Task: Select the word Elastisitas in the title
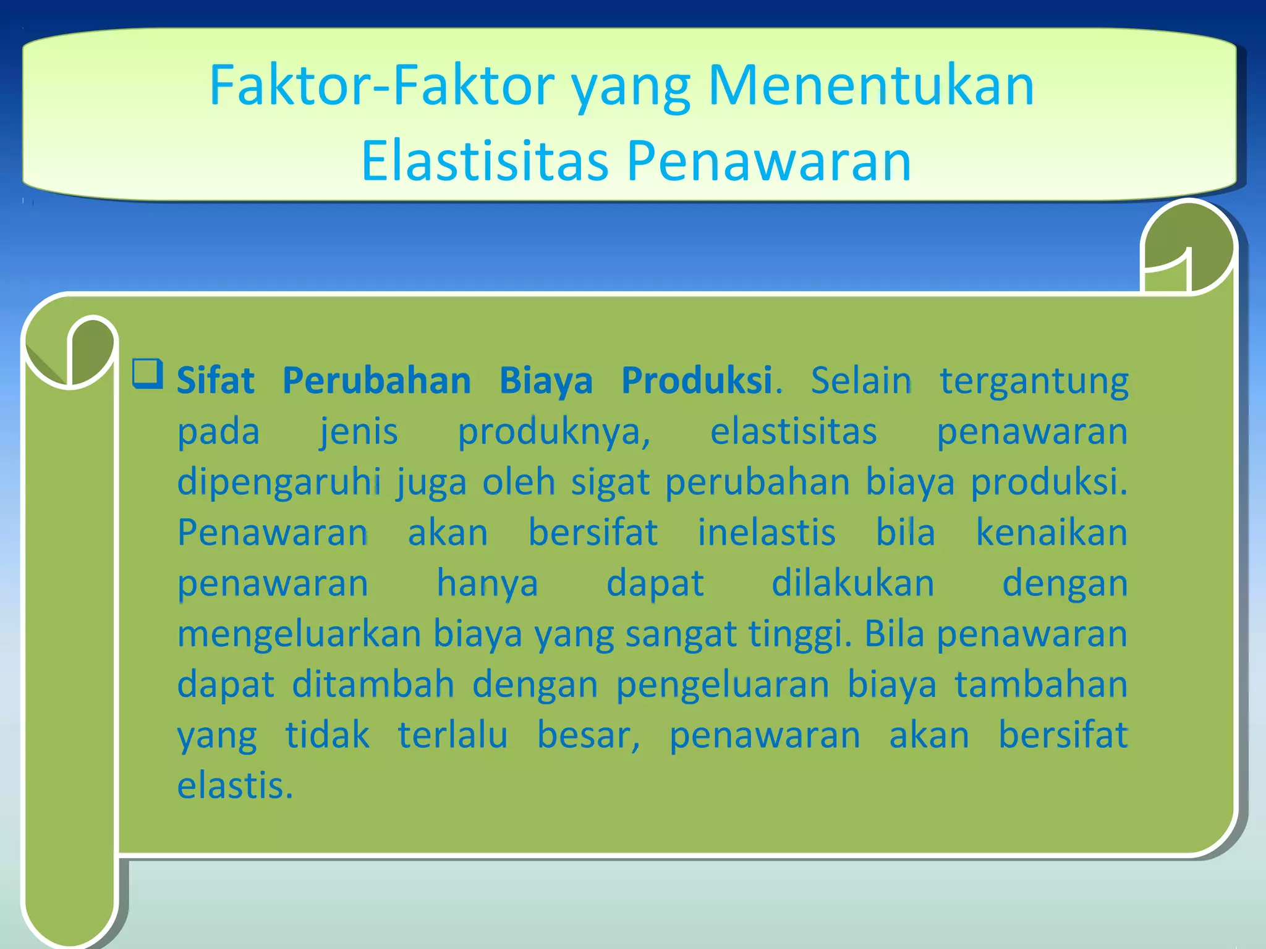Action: [x=485, y=161]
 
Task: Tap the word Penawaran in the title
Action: [x=769, y=161]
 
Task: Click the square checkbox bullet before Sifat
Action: [x=148, y=374]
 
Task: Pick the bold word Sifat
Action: [x=215, y=381]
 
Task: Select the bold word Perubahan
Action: [x=376, y=381]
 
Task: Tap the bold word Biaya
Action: [x=546, y=382]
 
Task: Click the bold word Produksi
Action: [x=697, y=381]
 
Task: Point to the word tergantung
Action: [x=1034, y=382]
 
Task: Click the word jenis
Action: [x=359, y=432]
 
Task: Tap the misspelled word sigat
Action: [x=610, y=483]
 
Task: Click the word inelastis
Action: [x=767, y=533]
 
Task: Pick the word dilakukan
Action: [x=852, y=583]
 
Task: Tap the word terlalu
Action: [x=452, y=735]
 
